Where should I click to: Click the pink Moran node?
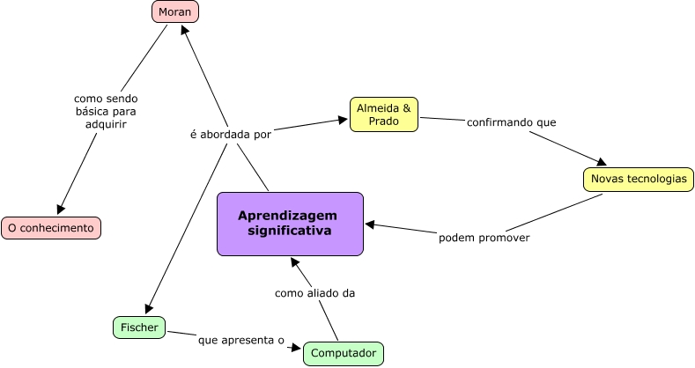point(175,12)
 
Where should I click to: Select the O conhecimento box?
point(51,228)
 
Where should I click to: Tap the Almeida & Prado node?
point(383,114)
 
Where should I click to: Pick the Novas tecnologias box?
point(638,179)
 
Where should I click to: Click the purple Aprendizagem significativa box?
point(290,224)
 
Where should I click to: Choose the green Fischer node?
point(139,328)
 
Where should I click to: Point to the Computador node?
point(344,354)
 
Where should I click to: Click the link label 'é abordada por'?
point(231,135)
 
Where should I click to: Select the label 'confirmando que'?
point(511,121)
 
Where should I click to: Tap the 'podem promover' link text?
point(484,238)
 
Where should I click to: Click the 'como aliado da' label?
point(314,293)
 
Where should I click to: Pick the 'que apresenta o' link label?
point(240,339)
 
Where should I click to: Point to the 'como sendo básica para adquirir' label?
point(106,112)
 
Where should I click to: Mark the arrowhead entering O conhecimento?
point(61,210)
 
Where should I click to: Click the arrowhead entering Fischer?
point(149,309)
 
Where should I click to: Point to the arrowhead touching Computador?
point(297,349)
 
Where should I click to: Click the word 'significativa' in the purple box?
point(290,232)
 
